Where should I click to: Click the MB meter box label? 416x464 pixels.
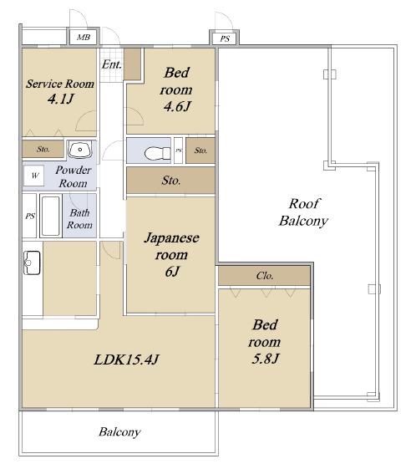pyautogui.click(x=84, y=38)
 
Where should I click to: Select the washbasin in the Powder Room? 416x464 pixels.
pyautogui.click(x=80, y=150)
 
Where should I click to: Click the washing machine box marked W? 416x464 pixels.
pyautogui.click(x=34, y=176)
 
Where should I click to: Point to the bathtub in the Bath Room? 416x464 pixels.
pyautogui.click(x=51, y=216)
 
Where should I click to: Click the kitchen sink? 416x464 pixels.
pyautogui.click(x=32, y=263)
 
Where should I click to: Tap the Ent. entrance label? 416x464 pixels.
pyautogui.click(x=112, y=64)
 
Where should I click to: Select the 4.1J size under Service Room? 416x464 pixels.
pyautogui.click(x=60, y=99)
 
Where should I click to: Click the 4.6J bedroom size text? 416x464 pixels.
pyautogui.click(x=177, y=106)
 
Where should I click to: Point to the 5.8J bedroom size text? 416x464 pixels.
pyautogui.click(x=265, y=359)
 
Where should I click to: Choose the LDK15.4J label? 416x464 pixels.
pyautogui.click(x=126, y=359)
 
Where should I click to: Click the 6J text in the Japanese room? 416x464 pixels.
pyautogui.click(x=172, y=272)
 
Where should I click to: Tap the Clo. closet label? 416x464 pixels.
pyautogui.click(x=265, y=276)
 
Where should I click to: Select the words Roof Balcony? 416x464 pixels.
pyautogui.click(x=304, y=212)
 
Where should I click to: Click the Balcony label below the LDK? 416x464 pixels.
pyautogui.click(x=119, y=432)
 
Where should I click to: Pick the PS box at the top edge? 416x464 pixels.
pyautogui.click(x=225, y=38)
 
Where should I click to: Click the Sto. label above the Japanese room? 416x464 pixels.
pyautogui.click(x=171, y=181)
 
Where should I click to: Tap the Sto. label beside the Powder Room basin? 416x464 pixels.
pyautogui.click(x=43, y=149)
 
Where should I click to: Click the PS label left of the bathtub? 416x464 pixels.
pyautogui.click(x=30, y=216)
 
